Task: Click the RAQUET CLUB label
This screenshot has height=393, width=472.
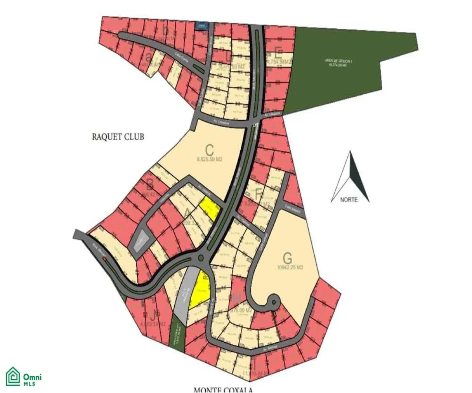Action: [118, 137]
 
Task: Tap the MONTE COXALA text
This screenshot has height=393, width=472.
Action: [222, 390]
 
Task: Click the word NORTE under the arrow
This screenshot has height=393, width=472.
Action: [349, 200]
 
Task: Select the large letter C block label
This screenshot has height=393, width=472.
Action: [209, 150]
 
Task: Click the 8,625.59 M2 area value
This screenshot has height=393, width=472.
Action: [210, 160]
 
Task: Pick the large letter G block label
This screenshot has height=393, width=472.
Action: [288, 258]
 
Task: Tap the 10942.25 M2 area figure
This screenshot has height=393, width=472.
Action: [291, 267]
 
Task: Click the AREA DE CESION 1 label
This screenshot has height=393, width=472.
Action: [335, 61]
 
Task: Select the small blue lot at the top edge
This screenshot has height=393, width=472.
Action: [202, 26]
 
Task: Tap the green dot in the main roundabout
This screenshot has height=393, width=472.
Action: [201, 258]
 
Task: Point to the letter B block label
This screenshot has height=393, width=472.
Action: [149, 184]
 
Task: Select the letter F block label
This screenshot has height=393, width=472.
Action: [258, 194]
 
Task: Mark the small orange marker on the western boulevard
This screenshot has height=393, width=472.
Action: [104, 259]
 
